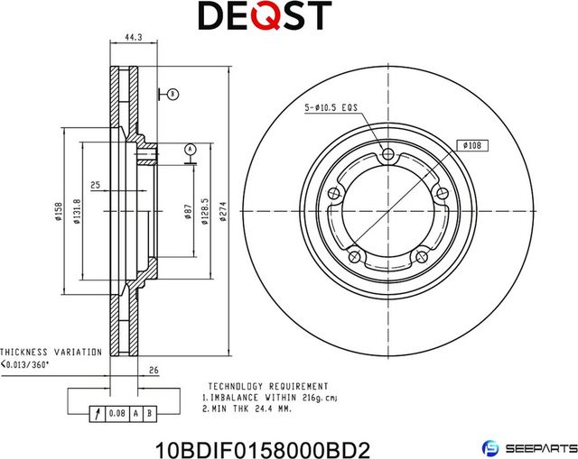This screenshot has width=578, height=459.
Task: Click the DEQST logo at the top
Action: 264,16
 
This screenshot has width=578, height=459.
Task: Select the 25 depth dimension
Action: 95,185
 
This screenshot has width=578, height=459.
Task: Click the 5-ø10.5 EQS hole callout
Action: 331,107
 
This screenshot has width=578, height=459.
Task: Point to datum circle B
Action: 173,94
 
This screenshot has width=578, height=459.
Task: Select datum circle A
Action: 190,148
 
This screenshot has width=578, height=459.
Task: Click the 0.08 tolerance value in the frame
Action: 117,414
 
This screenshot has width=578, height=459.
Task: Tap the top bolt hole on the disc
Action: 389,155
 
